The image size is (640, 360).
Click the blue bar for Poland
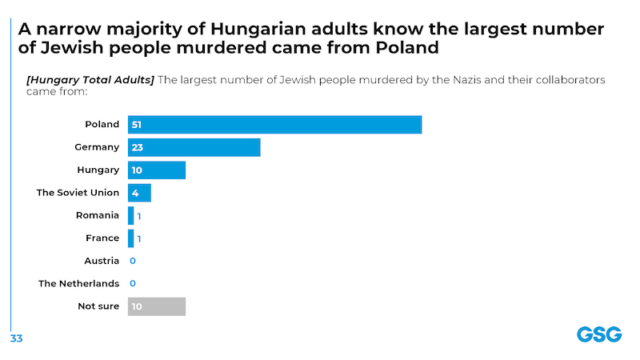[x=274, y=125]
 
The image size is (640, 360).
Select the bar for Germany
[x=194, y=148]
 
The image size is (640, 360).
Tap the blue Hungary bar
[x=157, y=170]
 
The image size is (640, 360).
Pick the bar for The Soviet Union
[x=139, y=193]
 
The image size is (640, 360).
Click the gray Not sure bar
[x=157, y=306]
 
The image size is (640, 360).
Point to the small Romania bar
[x=131, y=215]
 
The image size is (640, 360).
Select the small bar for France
[x=131, y=238]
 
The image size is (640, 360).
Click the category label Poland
[x=102, y=125]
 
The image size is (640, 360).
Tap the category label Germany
[x=97, y=148]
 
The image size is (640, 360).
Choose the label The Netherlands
[x=79, y=284]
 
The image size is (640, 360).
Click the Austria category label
[x=101, y=261]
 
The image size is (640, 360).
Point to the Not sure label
[x=99, y=306]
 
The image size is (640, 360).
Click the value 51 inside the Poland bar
[x=136, y=125]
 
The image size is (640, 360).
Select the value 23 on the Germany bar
[x=136, y=148]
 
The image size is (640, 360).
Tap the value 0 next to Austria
[x=133, y=261]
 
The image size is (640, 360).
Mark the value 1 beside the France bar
[x=139, y=238]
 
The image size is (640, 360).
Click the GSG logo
[x=597, y=334]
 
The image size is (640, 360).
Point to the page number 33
[x=16, y=338]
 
